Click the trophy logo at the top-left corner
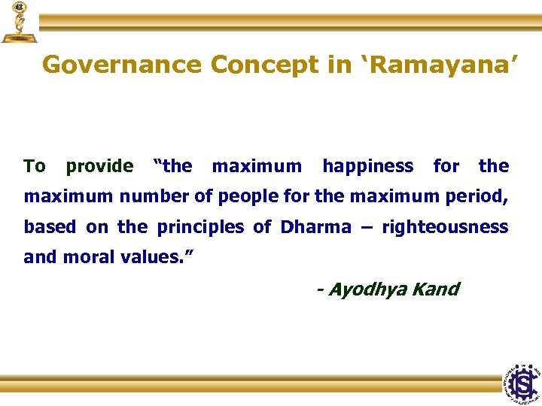point(19,22)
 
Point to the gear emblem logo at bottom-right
point(521,383)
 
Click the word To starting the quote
point(35,166)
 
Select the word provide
point(99,166)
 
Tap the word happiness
point(367,166)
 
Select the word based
point(50,227)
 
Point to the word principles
point(200,227)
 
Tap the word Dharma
point(315,227)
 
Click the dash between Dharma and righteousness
point(367,227)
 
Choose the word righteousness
point(445,227)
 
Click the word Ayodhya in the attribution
point(364,289)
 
